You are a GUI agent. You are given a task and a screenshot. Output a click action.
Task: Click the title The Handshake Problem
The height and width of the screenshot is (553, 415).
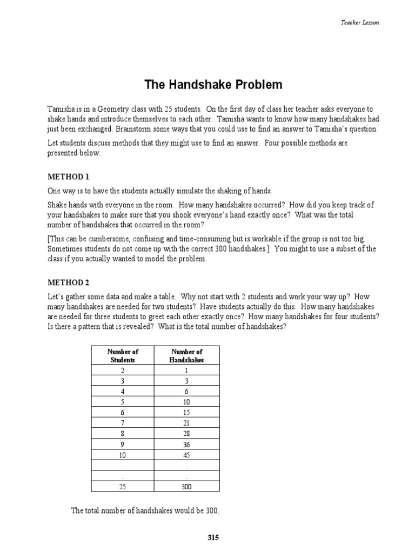(213, 85)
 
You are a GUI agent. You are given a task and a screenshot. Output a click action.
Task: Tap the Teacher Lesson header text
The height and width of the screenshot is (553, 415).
(359, 22)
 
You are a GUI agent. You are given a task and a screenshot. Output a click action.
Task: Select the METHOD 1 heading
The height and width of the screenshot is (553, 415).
(68, 177)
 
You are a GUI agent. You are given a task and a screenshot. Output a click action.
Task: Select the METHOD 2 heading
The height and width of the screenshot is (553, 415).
(68, 282)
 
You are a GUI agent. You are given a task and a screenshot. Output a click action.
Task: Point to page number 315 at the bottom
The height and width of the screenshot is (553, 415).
(213, 537)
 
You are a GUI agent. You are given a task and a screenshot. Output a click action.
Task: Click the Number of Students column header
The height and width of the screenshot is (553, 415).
(123, 355)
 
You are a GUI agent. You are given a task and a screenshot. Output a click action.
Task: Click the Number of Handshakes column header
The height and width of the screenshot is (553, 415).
(186, 355)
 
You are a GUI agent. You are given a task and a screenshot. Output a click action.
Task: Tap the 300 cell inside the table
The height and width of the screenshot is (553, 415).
(186, 486)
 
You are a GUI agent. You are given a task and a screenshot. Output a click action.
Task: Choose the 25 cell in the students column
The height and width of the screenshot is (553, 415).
(123, 486)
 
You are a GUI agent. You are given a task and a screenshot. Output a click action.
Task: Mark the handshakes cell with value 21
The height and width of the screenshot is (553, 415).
(186, 422)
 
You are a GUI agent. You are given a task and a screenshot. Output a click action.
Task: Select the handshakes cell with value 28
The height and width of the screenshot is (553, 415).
(186, 433)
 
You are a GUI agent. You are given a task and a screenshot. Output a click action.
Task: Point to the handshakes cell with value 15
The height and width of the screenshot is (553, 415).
(186, 412)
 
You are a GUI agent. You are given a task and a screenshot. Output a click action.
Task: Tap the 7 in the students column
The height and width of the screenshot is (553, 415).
(123, 422)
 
